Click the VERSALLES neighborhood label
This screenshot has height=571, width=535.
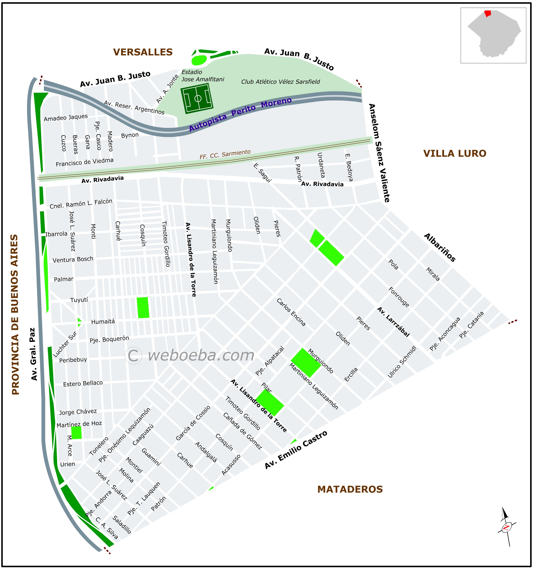pos(143,52)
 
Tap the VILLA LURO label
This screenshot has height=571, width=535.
pos(455,153)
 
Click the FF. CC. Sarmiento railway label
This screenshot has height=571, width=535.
pos(225,154)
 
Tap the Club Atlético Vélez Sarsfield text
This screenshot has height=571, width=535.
pos(280,82)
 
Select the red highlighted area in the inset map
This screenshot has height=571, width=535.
pos(488,13)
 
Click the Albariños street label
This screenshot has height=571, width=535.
pos(440,248)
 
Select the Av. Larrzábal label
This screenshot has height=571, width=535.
pos(393,322)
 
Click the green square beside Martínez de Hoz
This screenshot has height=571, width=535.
pos(77,433)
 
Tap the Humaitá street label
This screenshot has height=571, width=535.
pos(103,322)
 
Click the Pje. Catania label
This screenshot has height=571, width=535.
pos(472,325)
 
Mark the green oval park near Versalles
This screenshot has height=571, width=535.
pos(199,60)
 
